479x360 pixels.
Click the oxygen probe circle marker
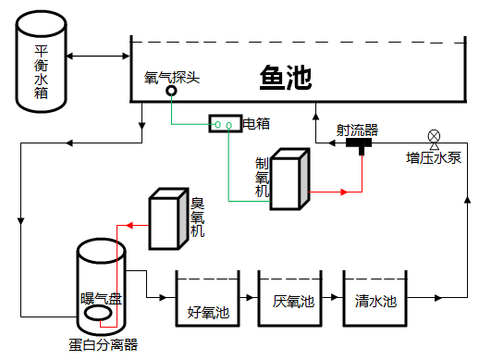point(171,91)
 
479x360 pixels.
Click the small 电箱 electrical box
point(224,123)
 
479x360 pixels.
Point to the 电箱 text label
point(256,123)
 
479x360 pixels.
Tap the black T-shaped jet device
point(359,144)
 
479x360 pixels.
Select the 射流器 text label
point(357,130)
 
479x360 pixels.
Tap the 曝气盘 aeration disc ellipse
point(100,315)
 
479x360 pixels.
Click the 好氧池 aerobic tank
point(207,300)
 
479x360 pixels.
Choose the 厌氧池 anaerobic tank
point(291,300)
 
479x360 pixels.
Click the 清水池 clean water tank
point(375,300)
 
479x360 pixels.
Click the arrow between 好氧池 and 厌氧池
point(249,298)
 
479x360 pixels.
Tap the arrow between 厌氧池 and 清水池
point(333,298)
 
